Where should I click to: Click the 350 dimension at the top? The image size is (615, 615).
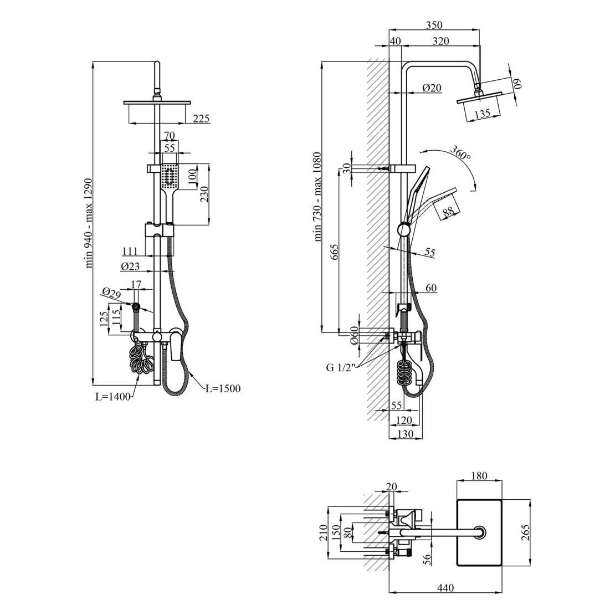click(434, 25)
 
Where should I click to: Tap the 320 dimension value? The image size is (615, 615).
click(441, 40)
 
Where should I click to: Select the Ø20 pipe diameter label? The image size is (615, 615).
click(432, 88)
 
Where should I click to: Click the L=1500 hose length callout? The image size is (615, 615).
click(223, 388)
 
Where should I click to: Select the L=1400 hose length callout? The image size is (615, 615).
click(113, 397)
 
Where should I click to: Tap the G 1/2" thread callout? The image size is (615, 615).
click(340, 367)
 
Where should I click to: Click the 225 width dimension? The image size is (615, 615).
click(202, 118)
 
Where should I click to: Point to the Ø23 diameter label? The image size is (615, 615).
click(130, 266)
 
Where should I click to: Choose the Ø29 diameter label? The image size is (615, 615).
click(111, 294)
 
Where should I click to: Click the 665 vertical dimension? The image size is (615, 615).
click(334, 252)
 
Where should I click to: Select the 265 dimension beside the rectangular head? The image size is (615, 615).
click(526, 532)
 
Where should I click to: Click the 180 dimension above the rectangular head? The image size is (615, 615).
click(479, 476)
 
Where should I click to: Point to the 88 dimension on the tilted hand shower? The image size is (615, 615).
click(448, 212)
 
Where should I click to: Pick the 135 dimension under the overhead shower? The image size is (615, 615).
click(482, 114)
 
